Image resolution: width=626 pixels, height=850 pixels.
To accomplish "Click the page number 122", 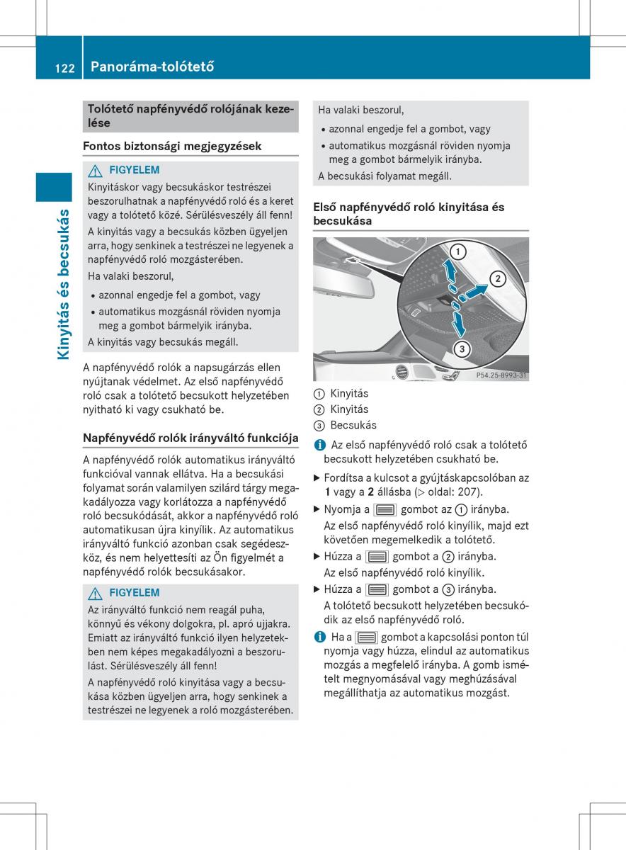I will (x=64, y=68).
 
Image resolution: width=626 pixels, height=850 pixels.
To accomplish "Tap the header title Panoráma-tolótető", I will (x=152, y=68).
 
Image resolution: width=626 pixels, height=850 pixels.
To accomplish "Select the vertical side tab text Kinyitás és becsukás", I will (x=64, y=283).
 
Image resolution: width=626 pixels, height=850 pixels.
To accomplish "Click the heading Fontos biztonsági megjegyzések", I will (x=172, y=146).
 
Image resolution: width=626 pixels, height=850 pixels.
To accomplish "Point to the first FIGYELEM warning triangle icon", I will (x=96, y=170).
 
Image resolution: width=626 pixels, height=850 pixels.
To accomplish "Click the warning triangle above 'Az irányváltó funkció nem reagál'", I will (x=96, y=593).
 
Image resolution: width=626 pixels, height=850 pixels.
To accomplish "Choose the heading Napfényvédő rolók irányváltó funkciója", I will (x=190, y=438).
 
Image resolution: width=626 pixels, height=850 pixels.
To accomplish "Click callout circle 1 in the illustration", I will (x=457, y=251).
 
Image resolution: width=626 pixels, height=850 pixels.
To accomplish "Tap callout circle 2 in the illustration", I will (x=498, y=278).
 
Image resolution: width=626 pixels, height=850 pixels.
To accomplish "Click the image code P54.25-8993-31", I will (x=501, y=375).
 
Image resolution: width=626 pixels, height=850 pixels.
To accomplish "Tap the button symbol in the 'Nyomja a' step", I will (x=385, y=510).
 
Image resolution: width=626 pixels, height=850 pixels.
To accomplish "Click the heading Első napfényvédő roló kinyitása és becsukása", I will (x=409, y=213).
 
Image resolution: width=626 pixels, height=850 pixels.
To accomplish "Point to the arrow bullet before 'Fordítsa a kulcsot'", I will (x=317, y=477).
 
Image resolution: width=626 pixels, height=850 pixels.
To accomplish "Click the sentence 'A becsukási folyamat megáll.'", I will (x=385, y=176).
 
